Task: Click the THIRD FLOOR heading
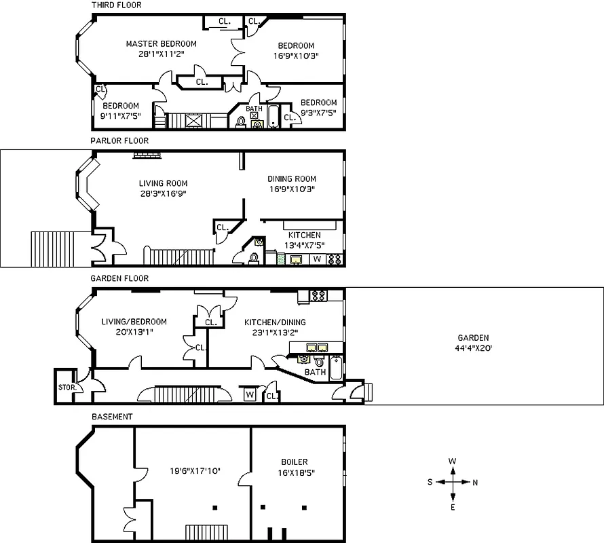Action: (x=116, y=5)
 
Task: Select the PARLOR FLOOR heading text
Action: (x=119, y=141)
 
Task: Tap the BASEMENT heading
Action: (x=112, y=416)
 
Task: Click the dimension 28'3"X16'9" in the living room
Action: (x=163, y=193)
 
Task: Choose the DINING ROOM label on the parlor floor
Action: (x=291, y=179)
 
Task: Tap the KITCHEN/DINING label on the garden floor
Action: (x=275, y=322)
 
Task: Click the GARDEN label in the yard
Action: (x=473, y=338)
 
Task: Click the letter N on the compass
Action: (x=474, y=483)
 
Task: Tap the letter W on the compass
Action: (x=453, y=462)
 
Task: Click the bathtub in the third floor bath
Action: (x=272, y=117)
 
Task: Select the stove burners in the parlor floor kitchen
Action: (x=335, y=259)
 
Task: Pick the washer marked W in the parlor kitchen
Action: (x=317, y=259)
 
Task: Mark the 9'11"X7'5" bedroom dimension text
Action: (x=121, y=116)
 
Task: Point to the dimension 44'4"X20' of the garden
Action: (x=473, y=348)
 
